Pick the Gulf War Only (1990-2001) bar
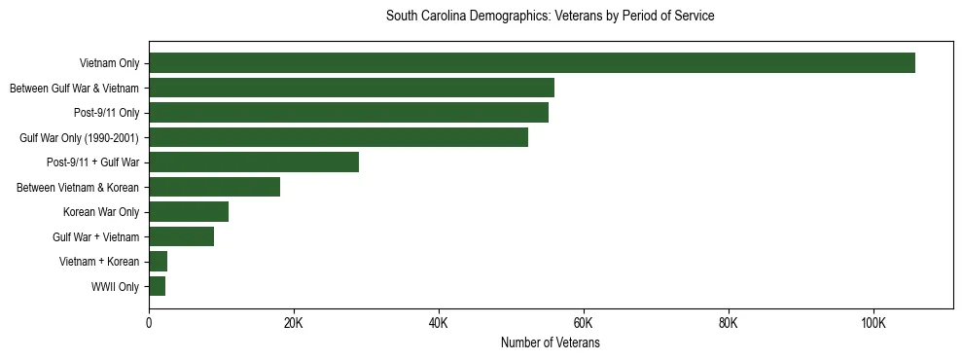point(338,137)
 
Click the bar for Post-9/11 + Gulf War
point(254,162)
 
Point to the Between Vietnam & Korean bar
point(214,187)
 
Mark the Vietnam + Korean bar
point(158,262)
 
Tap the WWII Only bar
point(157,286)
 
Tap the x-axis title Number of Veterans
point(551,343)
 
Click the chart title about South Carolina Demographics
point(551,16)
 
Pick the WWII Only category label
point(115,287)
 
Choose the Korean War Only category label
point(101,212)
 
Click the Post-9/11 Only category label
point(106,113)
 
